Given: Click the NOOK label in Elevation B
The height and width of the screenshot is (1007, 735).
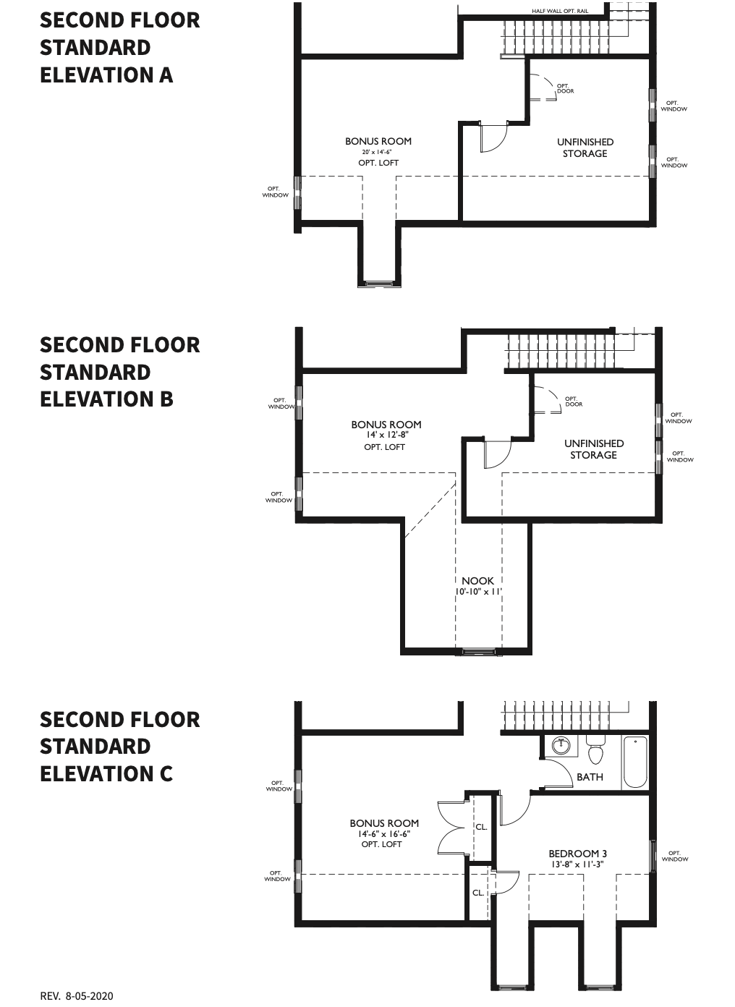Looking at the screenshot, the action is click(x=477, y=581).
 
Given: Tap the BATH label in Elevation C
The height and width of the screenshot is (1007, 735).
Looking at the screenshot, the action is click(x=590, y=777).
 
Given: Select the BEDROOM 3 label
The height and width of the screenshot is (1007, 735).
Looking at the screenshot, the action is click(x=578, y=853).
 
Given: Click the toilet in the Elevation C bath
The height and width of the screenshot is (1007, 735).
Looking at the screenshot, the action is click(x=595, y=750).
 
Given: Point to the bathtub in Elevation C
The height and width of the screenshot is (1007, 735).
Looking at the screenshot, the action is click(x=635, y=762).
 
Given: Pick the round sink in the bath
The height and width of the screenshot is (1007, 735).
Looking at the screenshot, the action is click(x=561, y=747).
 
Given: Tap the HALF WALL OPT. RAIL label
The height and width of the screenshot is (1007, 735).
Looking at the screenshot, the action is click(x=560, y=11).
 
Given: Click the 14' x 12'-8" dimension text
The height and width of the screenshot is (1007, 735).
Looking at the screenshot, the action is click(x=387, y=435).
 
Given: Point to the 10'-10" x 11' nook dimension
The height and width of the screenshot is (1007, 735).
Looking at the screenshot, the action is click(x=478, y=592).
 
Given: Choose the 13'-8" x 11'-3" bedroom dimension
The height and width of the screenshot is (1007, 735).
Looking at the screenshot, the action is click(x=578, y=864).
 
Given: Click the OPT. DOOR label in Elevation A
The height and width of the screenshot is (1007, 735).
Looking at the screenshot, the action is click(x=565, y=88).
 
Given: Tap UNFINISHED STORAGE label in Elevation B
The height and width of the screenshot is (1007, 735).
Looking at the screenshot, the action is click(x=594, y=449).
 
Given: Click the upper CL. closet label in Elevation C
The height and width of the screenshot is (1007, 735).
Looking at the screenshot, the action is click(x=481, y=827).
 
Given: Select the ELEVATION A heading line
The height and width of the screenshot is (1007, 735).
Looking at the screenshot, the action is click(x=106, y=75).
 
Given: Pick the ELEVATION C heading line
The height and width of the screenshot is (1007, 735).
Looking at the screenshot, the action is click(x=106, y=773).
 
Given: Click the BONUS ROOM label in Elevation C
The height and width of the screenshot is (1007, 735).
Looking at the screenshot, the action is click(x=384, y=823).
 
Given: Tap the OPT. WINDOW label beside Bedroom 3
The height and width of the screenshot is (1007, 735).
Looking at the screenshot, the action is click(x=675, y=856).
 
